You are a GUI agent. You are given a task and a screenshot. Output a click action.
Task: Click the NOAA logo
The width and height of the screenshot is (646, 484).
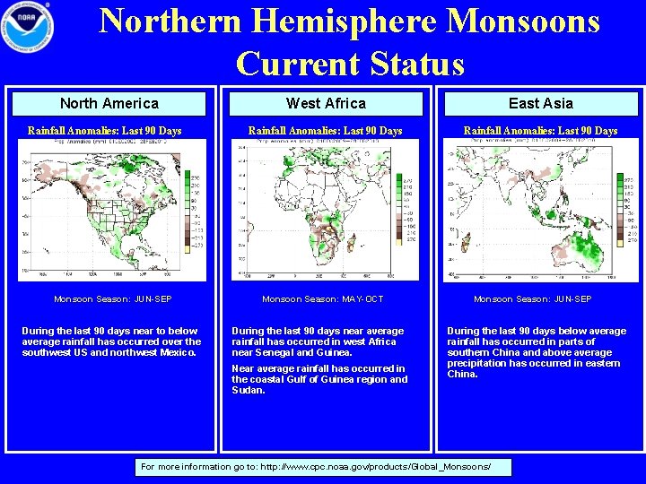click(x=28, y=28)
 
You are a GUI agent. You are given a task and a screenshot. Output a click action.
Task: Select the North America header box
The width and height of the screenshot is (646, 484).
click(x=109, y=103)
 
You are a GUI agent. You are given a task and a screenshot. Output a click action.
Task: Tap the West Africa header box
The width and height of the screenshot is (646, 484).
click(x=326, y=103)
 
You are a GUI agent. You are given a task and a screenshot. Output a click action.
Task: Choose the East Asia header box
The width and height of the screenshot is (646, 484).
click(x=540, y=103)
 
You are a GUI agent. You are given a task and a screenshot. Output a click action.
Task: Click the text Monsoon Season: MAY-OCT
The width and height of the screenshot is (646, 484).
click(x=322, y=298)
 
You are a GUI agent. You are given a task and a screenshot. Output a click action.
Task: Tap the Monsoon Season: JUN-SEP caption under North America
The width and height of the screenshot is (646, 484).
click(x=112, y=298)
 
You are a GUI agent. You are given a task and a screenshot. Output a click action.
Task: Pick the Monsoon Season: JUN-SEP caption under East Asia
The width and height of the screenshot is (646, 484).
click(x=532, y=298)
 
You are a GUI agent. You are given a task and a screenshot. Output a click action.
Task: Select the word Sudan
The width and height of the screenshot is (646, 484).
click(x=248, y=390)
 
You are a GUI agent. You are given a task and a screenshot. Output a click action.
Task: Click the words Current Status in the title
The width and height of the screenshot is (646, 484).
click(x=350, y=64)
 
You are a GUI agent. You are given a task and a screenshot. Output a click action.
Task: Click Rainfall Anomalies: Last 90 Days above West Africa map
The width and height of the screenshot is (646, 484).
click(x=325, y=131)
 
